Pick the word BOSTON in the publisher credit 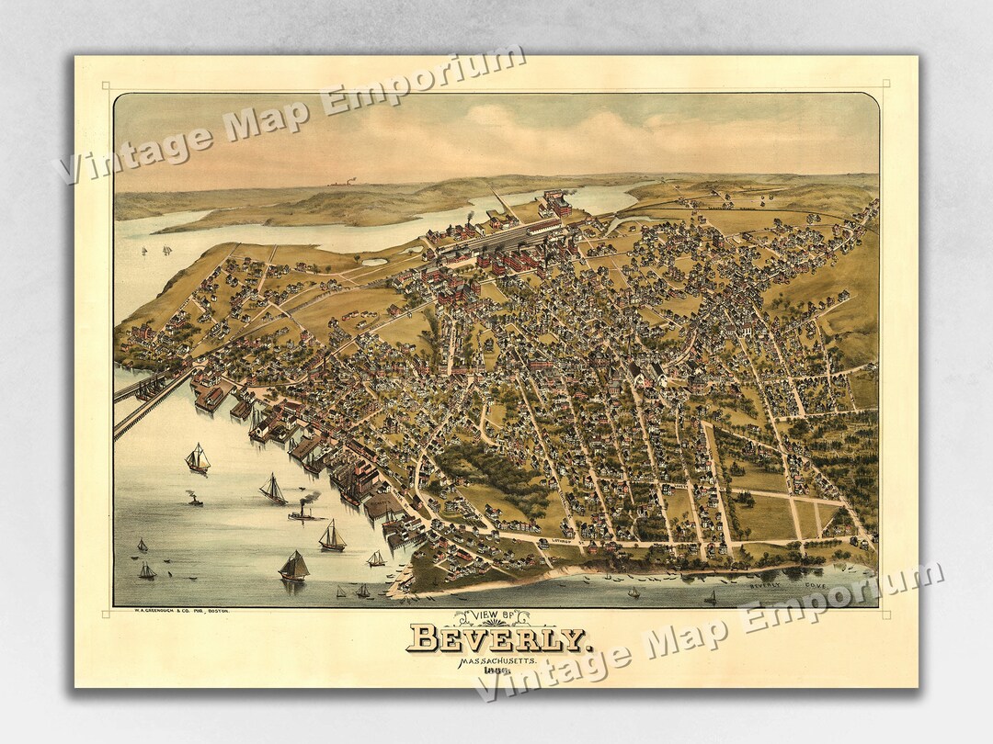point(215,611)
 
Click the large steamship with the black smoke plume point(304,513)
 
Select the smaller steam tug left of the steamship point(194,500)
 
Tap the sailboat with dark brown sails point(293,566)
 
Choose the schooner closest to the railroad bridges point(197,458)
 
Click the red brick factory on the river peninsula point(556,204)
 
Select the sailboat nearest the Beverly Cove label point(710,597)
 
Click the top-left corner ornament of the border point(107,86)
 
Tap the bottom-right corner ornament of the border point(885,614)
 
